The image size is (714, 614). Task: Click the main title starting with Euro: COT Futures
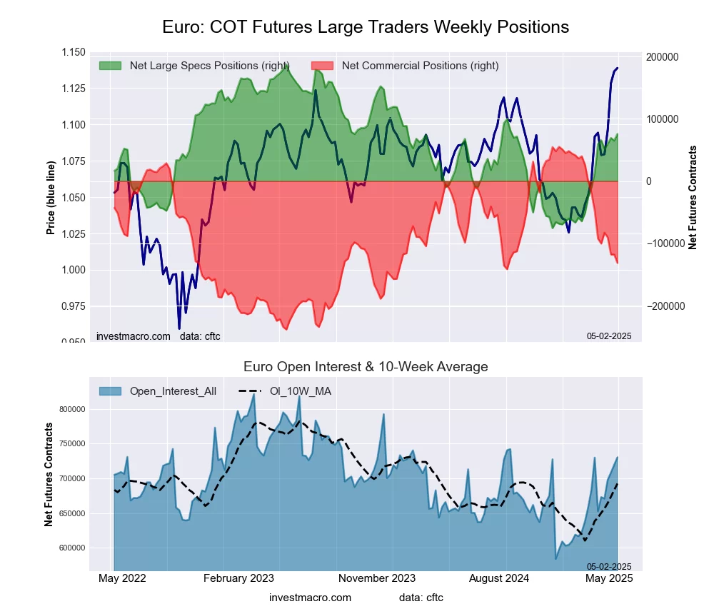pos(365,27)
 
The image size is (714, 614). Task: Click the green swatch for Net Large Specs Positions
pos(110,66)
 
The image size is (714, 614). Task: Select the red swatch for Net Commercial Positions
pos(322,66)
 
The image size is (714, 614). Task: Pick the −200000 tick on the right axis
pos(662,306)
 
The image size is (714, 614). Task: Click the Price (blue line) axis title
pos(51,198)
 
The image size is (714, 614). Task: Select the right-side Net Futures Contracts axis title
pos(692,197)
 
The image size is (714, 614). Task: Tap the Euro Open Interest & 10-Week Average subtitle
pos(365,367)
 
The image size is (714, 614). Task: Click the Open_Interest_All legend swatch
pos(110,391)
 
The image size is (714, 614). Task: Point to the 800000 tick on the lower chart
pos(71,409)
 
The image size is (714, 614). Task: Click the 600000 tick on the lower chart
pos(71,548)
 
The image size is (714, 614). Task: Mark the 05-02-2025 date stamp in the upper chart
pos(609,336)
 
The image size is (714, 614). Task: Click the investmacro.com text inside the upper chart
pos(134,336)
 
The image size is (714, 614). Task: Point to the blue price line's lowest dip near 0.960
pos(179,328)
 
